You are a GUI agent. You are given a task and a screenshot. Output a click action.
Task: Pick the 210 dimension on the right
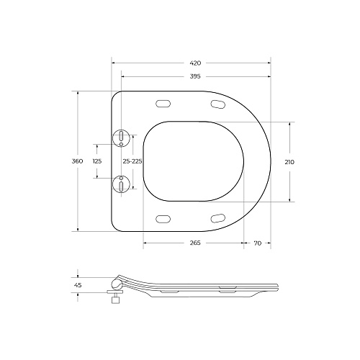tap(289, 161)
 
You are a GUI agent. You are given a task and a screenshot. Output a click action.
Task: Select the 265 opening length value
tap(194, 243)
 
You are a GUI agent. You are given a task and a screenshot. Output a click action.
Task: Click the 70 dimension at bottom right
tap(257, 243)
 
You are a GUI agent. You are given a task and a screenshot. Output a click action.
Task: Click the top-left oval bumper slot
tap(163, 104)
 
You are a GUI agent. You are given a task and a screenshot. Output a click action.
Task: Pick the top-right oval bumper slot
tap(219, 105)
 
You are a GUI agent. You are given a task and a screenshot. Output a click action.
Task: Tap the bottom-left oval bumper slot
tap(163, 217)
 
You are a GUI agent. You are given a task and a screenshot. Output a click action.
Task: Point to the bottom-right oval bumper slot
tap(219, 217)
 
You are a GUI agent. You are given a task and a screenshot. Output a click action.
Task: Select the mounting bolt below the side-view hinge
tap(112, 299)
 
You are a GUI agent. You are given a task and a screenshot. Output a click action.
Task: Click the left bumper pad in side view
tap(167, 293)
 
